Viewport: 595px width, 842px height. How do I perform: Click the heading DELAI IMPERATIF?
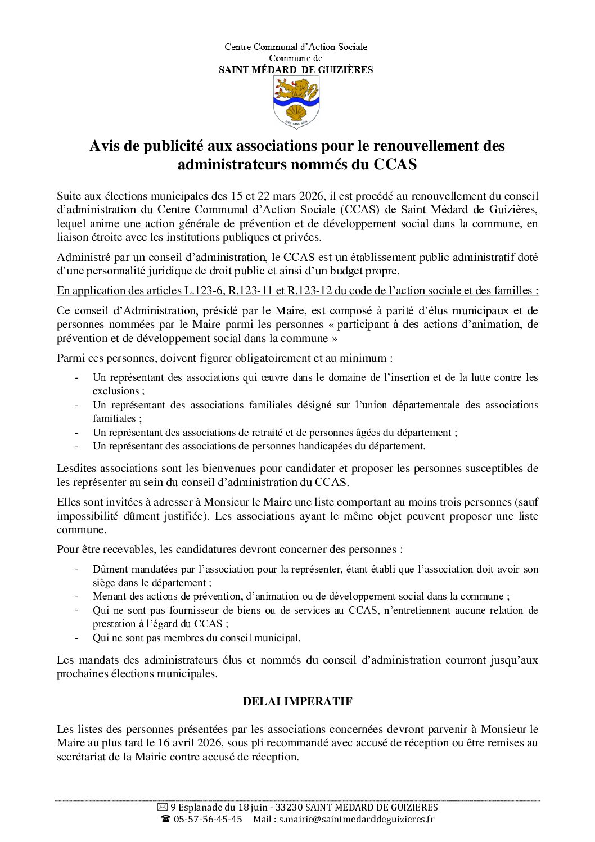click(x=297, y=701)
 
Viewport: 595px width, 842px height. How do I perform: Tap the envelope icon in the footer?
click(x=163, y=807)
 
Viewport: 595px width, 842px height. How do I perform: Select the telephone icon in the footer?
click(x=165, y=819)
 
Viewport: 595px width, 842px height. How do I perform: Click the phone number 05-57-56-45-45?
click(x=208, y=819)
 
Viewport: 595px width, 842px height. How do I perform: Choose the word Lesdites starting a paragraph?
click(x=76, y=469)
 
